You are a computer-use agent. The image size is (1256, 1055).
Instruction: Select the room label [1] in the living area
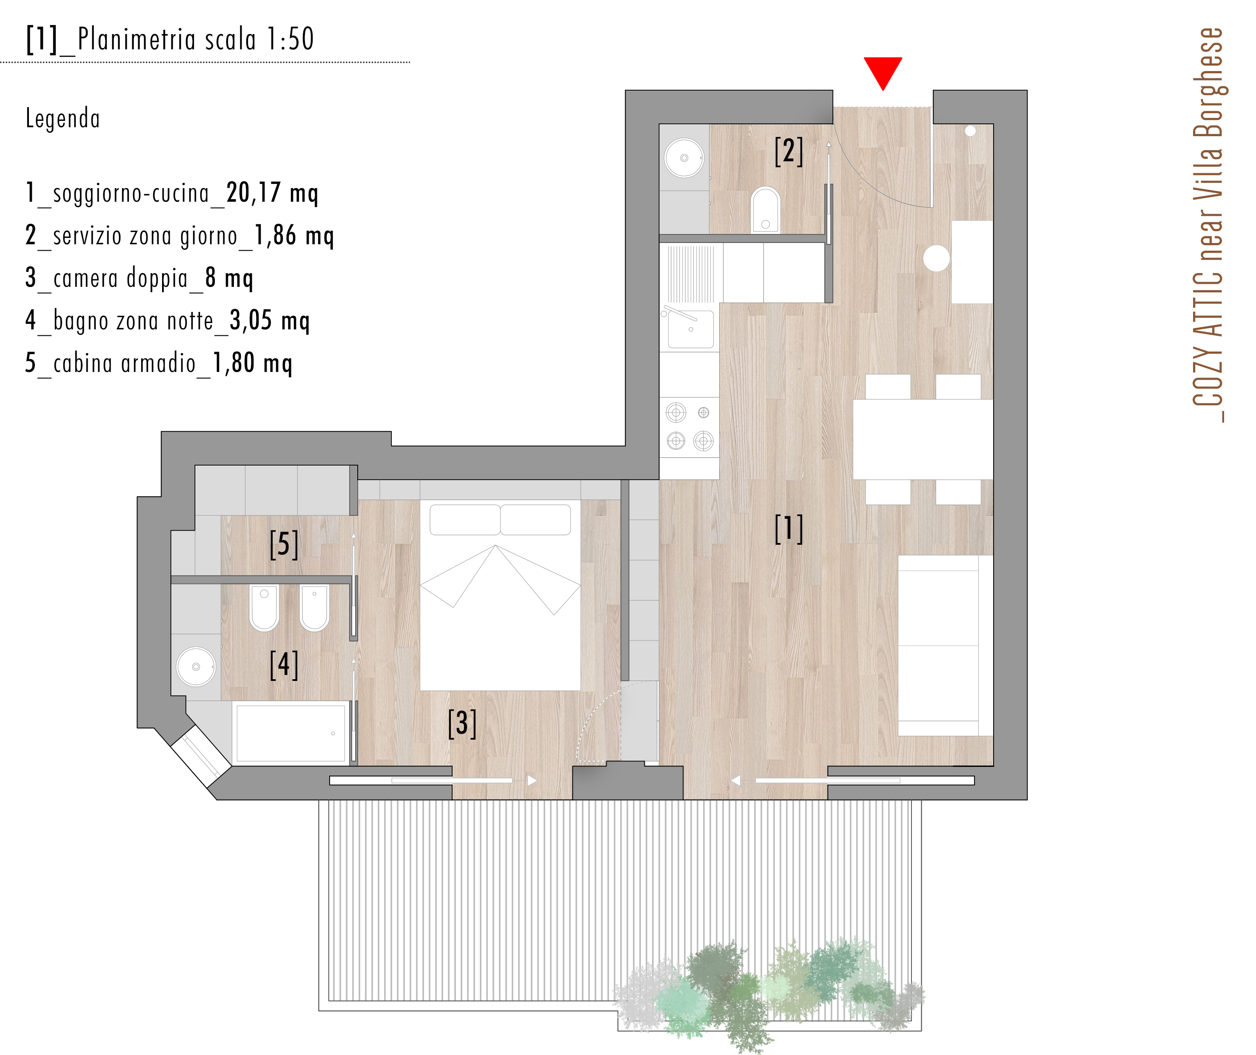point(788,529)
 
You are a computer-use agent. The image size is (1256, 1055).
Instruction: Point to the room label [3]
point(462,723)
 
